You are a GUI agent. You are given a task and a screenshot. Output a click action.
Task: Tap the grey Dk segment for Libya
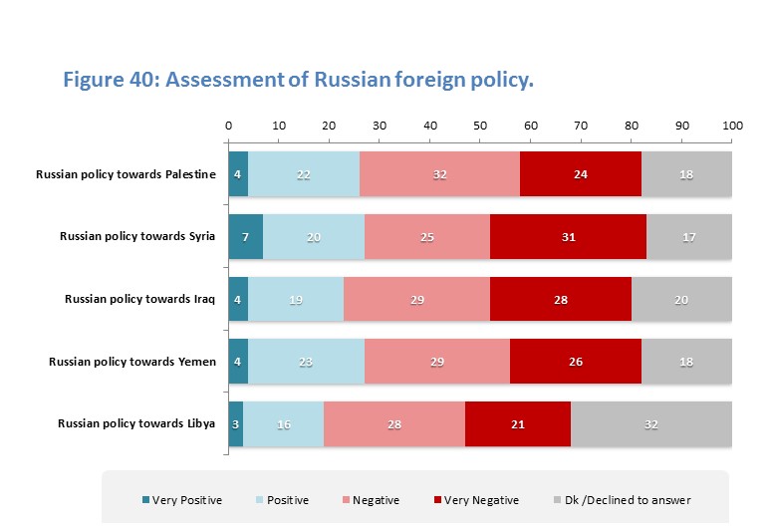(x=651, y=423)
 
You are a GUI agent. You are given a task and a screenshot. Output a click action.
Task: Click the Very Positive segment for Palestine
(x=238, y=173)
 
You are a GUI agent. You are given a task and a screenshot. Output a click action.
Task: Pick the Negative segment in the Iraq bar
(x=416, y=299)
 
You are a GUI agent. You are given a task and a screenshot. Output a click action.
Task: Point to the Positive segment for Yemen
(x=306, y=361)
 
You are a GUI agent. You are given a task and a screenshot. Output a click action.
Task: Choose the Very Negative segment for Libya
(x=518, y=423)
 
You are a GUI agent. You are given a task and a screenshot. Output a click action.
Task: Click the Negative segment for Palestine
(x=439, y=173)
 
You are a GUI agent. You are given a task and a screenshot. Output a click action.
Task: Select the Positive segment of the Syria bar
(x=314, y=236)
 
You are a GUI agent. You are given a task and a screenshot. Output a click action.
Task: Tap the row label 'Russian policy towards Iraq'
(x=140, y=299)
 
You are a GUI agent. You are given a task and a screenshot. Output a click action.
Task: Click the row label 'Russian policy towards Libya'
(x=136, y=423)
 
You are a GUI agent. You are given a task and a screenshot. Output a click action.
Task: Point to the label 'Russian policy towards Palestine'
(x=126, y=174)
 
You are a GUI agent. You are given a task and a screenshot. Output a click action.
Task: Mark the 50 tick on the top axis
(x=480, y=127)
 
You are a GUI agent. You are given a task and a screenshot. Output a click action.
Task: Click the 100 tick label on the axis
(x=732, y=127)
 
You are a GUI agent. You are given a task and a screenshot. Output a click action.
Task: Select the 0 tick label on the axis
(x=228, y=127)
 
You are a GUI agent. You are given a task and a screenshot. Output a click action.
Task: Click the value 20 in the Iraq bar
(x=681, y=299)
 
